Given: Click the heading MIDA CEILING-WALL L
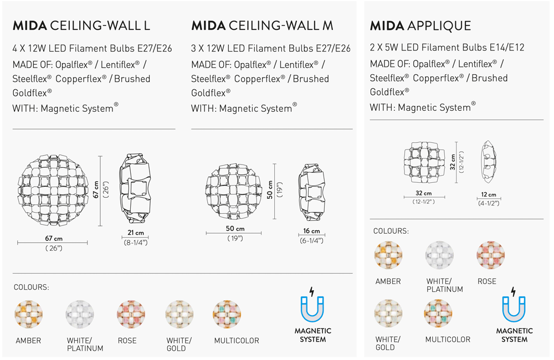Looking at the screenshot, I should coord(81,25).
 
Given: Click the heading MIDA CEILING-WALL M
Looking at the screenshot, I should coord(262,25).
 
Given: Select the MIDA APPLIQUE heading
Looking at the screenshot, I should coord(420,25).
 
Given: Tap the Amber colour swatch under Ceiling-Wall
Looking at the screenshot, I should coord(28,315).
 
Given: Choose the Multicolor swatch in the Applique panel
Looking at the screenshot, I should coord(438,313).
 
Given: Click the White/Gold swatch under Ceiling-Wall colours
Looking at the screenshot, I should coord(179,315).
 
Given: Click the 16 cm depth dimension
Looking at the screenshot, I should coord(311,231).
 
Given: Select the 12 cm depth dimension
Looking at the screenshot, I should coord(489,194).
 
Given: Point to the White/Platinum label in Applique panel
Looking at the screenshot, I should coord(444,285).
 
